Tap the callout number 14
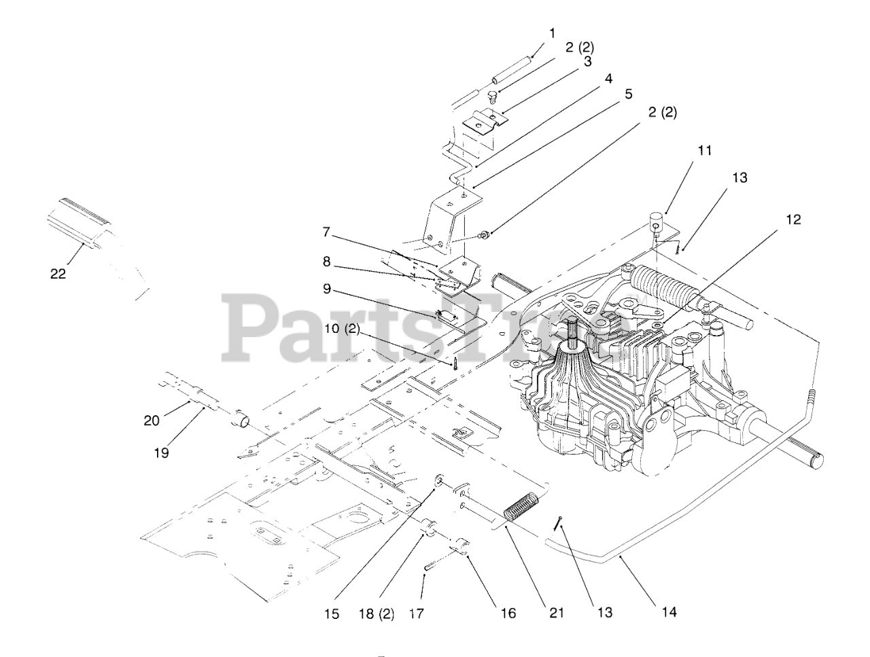(x=669, y=612)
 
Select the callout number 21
(x=557, y=612)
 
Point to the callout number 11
(x=705, y=150)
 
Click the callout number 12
(x=792, y=219)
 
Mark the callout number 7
(x=327, y=233)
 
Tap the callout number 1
(x=552, y=32)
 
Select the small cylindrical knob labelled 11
(x=655, y=221)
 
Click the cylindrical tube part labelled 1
(x=511, y=66)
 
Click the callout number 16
(x=508, y=614)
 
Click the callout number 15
(x=331, y=614)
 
